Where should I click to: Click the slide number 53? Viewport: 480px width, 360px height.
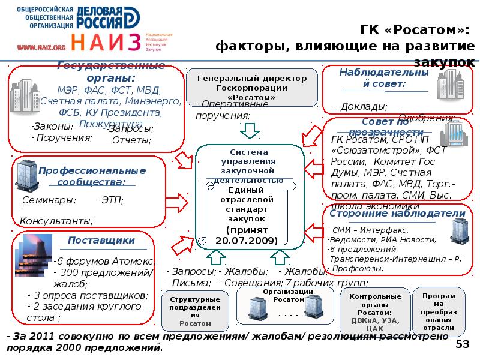point(463,344)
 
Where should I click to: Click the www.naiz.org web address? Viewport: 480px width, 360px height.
point(41,47)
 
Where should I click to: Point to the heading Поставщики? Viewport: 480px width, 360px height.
point(101,241)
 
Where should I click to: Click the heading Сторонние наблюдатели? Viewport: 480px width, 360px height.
point(398,214)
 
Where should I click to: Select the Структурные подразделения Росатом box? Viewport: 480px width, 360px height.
point(195,311)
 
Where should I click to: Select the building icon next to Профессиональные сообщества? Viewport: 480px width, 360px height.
point(26,174)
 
